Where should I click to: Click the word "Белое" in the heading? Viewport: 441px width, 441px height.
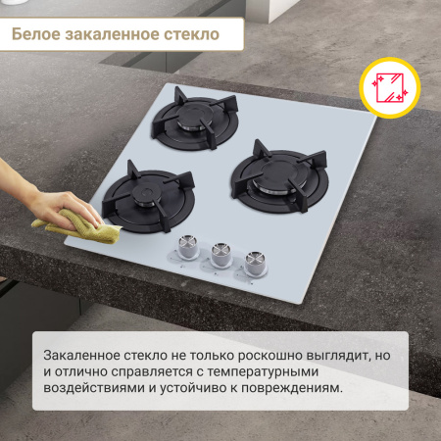pos(37,35)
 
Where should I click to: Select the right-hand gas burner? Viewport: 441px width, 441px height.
pos(267,173)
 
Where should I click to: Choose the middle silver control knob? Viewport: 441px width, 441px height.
pos(221,256)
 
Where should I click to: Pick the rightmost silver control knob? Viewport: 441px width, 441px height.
pos(255,262)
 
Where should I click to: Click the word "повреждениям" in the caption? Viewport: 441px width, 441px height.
pos(291,389)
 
